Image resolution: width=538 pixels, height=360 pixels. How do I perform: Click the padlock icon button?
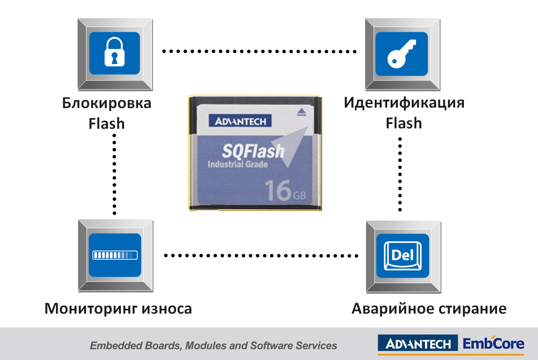[115, 53]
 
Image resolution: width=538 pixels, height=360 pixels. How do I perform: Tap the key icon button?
[402, 53]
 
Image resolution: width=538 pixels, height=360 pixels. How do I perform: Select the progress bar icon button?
[115, 255]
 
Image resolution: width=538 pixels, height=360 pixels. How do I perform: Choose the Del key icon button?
[402, 255]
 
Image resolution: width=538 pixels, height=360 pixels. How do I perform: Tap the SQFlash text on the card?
[253, 152]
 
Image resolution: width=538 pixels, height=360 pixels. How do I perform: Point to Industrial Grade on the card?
[238, 165]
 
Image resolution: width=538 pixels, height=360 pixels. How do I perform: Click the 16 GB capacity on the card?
[285, 190]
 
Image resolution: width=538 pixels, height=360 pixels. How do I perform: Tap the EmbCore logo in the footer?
[493, 344]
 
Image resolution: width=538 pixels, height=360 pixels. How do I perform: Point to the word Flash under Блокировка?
[107, 124]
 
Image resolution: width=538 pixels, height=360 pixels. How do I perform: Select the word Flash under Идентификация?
[404, 124]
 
